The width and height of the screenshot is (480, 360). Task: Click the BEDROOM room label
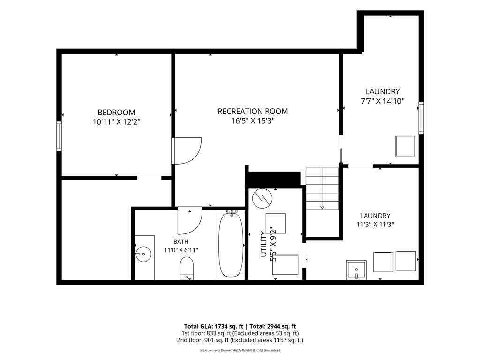click(116, 112)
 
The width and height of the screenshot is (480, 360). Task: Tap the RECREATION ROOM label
click(253, 111)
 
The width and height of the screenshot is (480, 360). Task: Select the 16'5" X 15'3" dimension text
click(253, 121)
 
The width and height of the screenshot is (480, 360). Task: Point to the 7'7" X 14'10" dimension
click(382, 101)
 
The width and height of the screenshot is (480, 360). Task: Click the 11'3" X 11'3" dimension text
click(375, 225)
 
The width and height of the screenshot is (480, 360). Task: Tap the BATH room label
click(181, 241)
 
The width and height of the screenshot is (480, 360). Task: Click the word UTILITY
click(263, 244)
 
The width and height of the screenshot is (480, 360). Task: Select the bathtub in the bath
click(232, 245)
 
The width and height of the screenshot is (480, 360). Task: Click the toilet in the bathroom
click(187, 268)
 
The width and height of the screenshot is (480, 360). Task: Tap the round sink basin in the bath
click(143, 254)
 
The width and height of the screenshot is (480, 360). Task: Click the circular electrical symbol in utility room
click(262, 198)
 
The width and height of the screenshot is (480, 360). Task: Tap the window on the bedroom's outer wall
click(59, 136)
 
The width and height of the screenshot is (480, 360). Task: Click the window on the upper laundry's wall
click(421, 118)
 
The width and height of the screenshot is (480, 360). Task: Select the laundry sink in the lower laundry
click(356, 270)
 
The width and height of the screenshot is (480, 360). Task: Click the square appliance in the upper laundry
click(405, 146)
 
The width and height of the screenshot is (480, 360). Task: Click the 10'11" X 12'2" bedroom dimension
click(116, 122)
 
